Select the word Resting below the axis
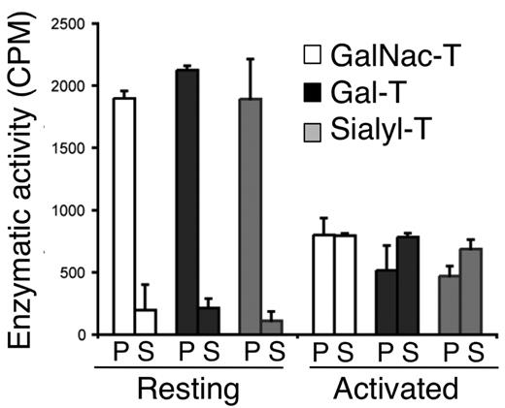(x=185, y=390)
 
